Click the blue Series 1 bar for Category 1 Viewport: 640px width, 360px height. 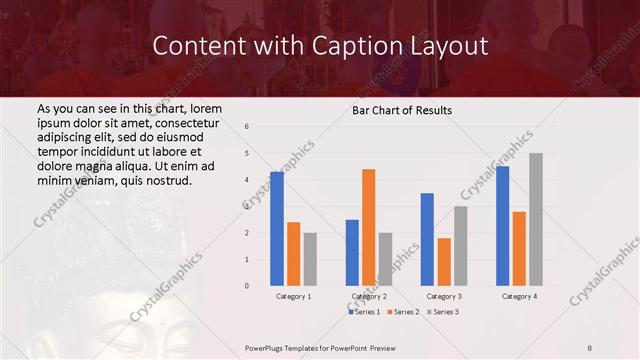(x=277, y=229)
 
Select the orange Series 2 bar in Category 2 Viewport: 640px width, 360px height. (x=368, y=227)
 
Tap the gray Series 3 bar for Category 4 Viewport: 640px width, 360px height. (x=536, y=219)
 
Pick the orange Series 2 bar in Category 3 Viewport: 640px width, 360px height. (x=444, y=262)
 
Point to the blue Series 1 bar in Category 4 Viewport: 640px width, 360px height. (x=502, y=226)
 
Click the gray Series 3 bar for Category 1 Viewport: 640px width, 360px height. (x=310, y=259)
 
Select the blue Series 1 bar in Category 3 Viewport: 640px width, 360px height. (x=427, y=239)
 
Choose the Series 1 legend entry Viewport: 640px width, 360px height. (x=365, y=312)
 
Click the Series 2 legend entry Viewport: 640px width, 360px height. (x=402, y=312)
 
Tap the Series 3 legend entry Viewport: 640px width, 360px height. (x=440, y=312)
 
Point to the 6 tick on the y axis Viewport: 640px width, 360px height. (x=247, y=127)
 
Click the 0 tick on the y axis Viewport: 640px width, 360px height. (x=247, y=286)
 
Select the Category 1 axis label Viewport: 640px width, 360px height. (x=293, y=297)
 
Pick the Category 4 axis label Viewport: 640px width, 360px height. (x=519, y=297)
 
